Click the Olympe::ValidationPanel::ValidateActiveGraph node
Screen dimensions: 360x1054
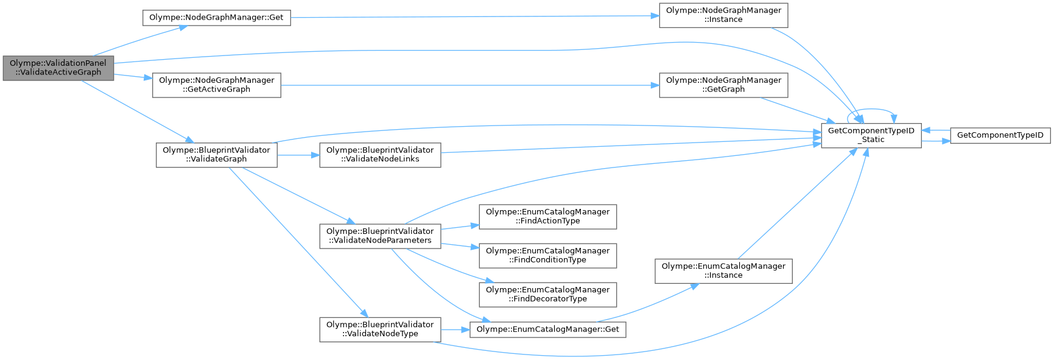tap(58, 68)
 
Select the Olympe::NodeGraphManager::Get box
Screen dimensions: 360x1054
tap(216, 18)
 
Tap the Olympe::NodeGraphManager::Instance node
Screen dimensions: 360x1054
tap(723, 15)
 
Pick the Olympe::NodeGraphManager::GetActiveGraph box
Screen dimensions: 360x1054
tap(216, 85)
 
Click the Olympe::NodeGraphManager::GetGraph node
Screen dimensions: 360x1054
tap(723, 85)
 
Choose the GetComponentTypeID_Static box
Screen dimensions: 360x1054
tap(871, 135)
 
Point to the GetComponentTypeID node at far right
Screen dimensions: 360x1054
tap(1000, 135)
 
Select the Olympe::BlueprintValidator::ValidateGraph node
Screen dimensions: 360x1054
tap(216, 155)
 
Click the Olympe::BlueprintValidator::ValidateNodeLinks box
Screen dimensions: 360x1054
tap(380, 155)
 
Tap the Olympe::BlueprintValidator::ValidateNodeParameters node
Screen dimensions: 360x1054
tap(380, 236)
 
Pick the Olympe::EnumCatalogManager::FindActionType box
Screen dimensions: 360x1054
tap(547, 216)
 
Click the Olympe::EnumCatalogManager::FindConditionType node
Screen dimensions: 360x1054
tap(547, 255)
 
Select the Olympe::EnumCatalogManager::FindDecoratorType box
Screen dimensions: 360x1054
tap(547, 294)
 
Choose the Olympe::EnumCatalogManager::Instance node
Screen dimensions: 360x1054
tap(723, 270)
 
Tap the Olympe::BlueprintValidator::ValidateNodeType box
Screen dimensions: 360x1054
tap(380, 329)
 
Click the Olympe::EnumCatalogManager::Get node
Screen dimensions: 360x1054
tap(547, 330)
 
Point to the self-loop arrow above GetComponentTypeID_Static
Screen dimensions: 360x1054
tap(871, 110)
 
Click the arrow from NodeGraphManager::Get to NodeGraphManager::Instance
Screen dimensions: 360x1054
tap(475, 17)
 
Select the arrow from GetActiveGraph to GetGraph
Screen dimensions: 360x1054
tap(469, 85)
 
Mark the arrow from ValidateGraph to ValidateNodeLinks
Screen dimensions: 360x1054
tap(298, 155)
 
